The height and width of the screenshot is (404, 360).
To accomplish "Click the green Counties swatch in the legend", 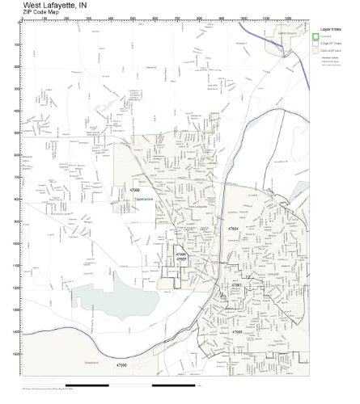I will coord(316,35).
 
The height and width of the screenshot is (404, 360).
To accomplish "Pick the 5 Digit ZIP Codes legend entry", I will coord(332,43).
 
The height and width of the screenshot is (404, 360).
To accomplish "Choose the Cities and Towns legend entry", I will coord(332,51).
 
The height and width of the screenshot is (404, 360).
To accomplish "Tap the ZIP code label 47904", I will coord(233,229).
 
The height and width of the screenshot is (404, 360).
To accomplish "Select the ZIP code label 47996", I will coord(182,254).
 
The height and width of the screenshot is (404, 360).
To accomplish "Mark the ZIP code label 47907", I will coord(182,259).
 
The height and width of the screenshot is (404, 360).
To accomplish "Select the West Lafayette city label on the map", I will coord(197,206).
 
